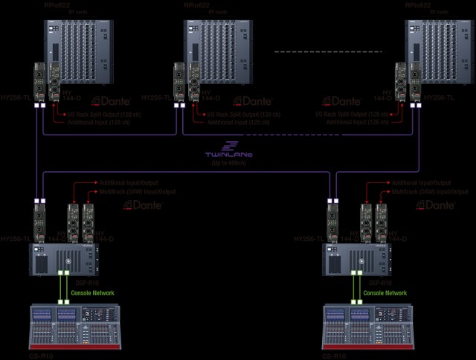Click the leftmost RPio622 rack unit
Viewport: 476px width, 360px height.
coord(77,51)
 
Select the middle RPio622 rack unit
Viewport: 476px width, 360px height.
coord(219,51)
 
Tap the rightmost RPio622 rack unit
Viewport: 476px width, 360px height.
coord(439,51)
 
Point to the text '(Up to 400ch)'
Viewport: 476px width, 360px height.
coord(229,161)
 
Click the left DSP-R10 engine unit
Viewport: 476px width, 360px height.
coord(63,259)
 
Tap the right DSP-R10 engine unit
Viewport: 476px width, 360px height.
coord(356,259)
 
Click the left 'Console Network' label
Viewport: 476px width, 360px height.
coord(93,293)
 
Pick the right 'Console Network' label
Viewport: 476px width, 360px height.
coord(385,293)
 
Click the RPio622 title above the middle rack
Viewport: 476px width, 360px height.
coord(199,6)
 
